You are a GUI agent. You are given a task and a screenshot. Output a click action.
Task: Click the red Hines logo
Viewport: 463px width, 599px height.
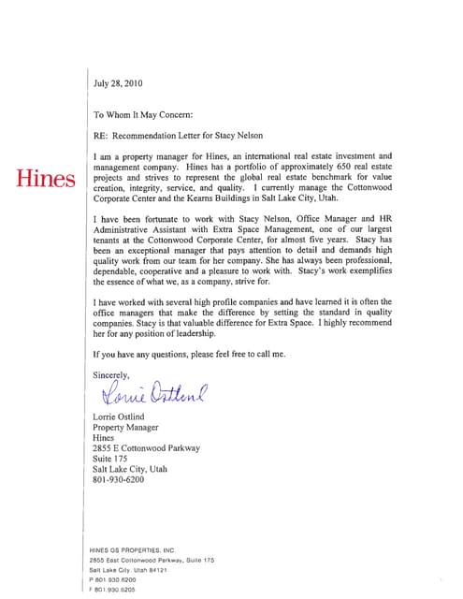[x=44, y=178]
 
